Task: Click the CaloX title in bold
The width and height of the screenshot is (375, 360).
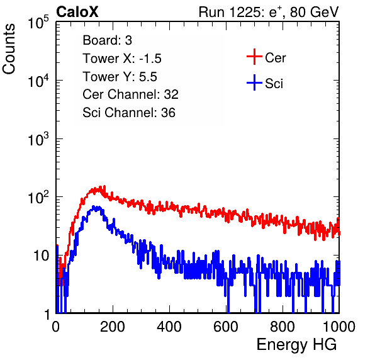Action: coord(77,12)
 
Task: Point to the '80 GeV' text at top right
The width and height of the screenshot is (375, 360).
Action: coord(314,12)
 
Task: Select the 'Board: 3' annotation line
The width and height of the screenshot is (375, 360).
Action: coord(107,40)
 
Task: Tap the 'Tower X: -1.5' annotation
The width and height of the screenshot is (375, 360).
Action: coord(122,59)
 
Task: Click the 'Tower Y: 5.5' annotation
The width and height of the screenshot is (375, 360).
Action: coord(120,77)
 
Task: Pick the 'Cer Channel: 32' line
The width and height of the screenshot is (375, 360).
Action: coord(130,94)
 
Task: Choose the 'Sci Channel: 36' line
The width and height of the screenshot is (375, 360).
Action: coord(129,113)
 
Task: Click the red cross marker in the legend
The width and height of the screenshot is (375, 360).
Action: coord(254,57)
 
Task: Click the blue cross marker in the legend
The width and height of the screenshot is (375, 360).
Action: coord(254,82)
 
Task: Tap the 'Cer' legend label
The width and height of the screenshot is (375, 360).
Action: coord(275,58)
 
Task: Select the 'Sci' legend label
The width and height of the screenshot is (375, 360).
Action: coord(274,84)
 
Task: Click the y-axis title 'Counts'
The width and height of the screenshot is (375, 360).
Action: coord(9,49)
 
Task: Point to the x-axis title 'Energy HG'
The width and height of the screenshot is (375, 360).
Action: coord(296,345)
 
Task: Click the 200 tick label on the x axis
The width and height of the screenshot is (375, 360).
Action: coord(113,327)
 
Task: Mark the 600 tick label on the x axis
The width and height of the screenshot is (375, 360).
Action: coord(226,327)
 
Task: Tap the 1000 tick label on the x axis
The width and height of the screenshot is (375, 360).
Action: coord(339,327)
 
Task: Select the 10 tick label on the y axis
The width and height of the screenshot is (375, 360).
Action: coord(41,256)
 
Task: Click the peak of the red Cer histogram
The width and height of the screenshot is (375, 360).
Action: coord(104,186)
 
